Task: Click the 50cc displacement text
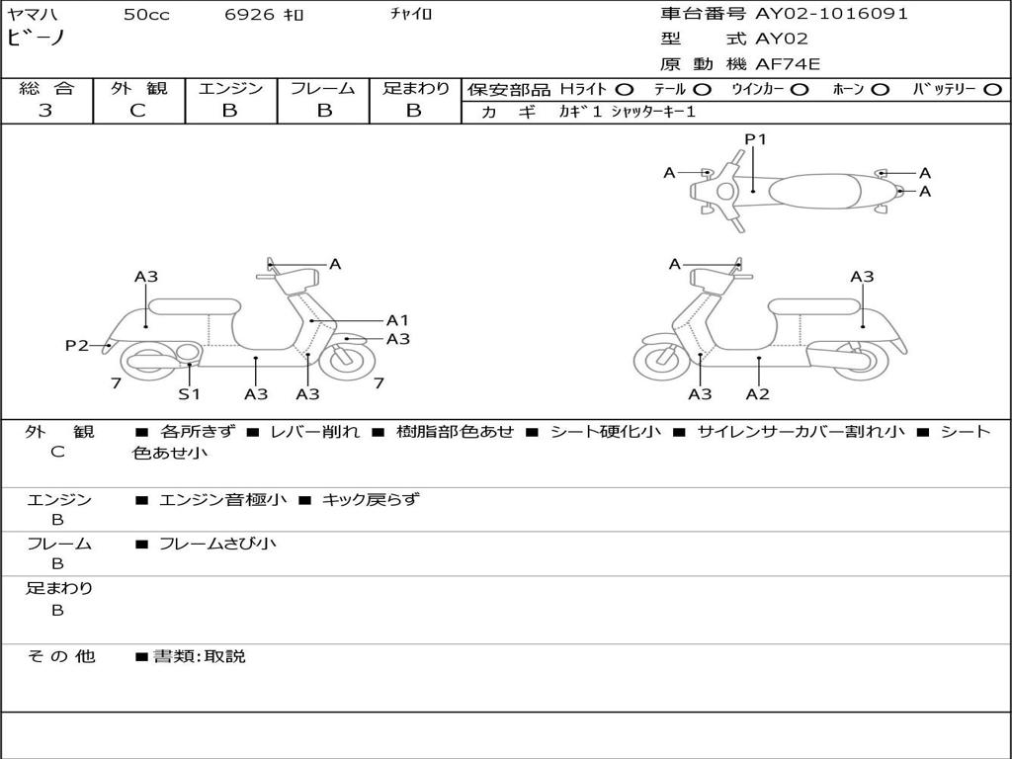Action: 146,15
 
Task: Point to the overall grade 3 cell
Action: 45,111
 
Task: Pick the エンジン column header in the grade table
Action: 230,88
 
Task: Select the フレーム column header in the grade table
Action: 323,88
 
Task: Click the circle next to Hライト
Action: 625,89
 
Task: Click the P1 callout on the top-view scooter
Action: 755,139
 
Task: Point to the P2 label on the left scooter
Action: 77,345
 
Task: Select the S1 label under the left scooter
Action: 189,394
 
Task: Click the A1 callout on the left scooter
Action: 397,320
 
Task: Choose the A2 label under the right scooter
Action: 758,394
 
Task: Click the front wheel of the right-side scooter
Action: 661,360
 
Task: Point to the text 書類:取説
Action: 199,655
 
